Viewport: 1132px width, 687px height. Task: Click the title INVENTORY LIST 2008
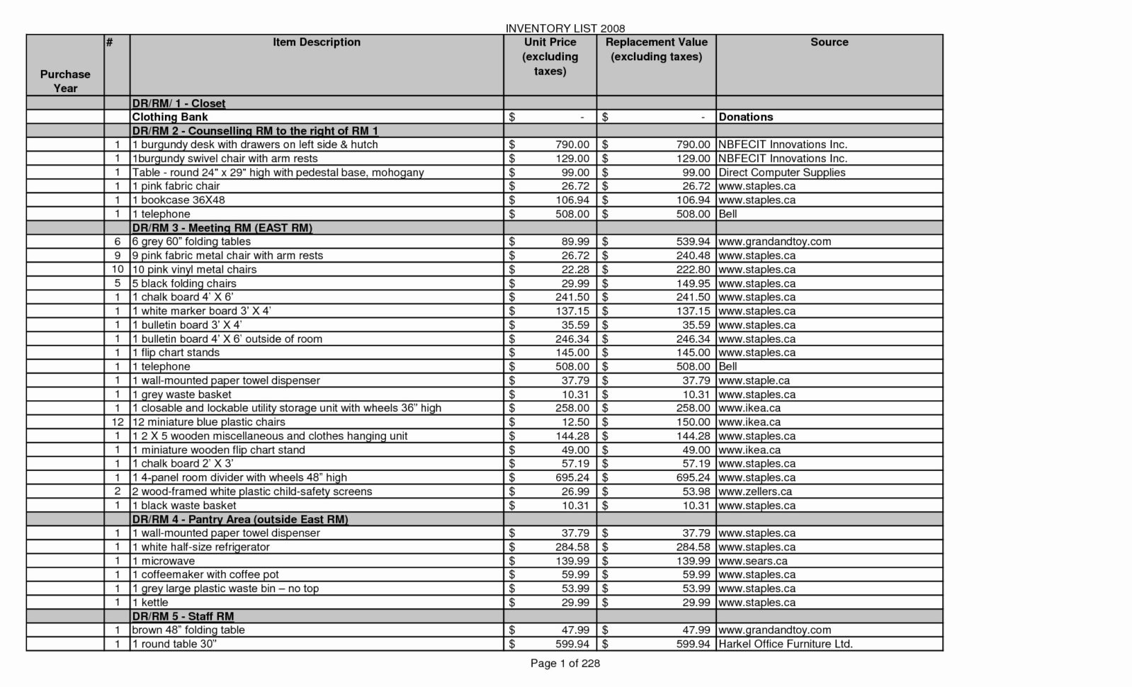(x=565, y=28)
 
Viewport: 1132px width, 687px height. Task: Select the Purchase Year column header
(x=65, y=81)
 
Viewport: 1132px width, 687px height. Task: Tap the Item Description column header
(x=317, y=42)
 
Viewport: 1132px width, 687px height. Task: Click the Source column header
(x=829, y=42)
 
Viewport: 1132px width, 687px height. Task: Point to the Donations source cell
(x=746, y=117)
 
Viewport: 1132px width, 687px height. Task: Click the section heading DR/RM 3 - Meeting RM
(x=222, y=228)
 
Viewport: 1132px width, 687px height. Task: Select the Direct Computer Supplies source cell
(x=782, y=172)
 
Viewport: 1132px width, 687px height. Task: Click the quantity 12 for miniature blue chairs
(x=118, y=422)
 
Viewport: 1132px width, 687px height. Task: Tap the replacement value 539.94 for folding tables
(x=692, y=242)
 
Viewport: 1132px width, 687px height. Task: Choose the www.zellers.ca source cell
(x=755, y=492)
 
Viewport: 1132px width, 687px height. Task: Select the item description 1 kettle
(x=150, y=603)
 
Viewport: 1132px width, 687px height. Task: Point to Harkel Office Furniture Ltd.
(x=786, y=645)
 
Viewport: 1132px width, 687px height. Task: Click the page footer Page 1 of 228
(x=565, y=664)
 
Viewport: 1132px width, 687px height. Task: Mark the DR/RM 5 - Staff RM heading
(x=183, y=616)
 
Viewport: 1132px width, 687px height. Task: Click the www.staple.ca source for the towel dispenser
(x=754, y=380)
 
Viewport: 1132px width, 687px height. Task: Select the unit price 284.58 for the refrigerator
(x=572, y=547)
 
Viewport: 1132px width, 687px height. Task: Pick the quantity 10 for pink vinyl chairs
(x=118, y=269)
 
